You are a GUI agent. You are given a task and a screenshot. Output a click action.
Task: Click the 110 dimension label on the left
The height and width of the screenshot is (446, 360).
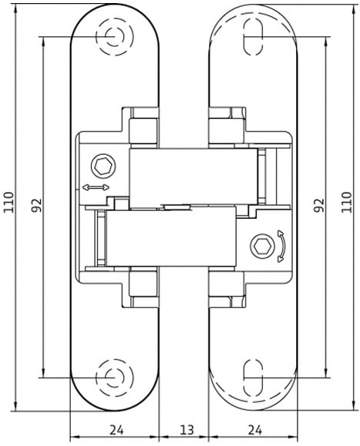pos(8,203)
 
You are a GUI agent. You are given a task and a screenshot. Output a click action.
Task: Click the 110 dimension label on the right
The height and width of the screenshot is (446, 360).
pos(346,203)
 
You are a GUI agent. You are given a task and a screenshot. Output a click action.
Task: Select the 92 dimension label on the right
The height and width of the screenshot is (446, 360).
pos(319,205)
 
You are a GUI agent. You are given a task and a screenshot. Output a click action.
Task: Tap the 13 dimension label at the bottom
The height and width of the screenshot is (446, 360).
pos(187,430)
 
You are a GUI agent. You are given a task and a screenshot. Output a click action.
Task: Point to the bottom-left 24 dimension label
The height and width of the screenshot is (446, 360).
pos(116,430)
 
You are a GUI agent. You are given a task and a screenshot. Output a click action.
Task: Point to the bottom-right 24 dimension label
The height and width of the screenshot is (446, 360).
pos(255,430)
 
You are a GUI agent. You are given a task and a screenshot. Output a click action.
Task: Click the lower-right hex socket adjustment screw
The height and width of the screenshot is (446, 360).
pos(262,246)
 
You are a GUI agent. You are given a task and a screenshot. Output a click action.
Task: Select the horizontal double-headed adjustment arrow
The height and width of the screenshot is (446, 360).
pos(96,187)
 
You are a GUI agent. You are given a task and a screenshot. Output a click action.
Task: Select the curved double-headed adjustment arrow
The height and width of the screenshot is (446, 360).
pos(281,246)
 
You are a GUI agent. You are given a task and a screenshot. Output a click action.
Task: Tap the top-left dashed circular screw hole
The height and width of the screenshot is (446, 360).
pos(114,37)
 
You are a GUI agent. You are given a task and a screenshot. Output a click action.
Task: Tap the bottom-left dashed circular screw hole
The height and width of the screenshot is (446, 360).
pos(114,377)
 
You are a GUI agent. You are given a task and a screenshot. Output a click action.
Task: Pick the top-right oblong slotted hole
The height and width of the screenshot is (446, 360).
pos(253,37)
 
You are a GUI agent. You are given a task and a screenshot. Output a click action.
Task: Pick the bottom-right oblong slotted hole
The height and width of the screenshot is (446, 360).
pos(253,377)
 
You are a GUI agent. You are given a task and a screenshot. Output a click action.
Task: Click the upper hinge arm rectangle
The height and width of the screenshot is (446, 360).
pos(193,176)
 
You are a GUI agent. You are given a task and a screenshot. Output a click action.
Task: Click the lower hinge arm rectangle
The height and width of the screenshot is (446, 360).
pos(171,237)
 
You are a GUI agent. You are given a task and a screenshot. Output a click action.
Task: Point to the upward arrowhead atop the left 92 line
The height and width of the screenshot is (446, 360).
pos(43,42)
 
